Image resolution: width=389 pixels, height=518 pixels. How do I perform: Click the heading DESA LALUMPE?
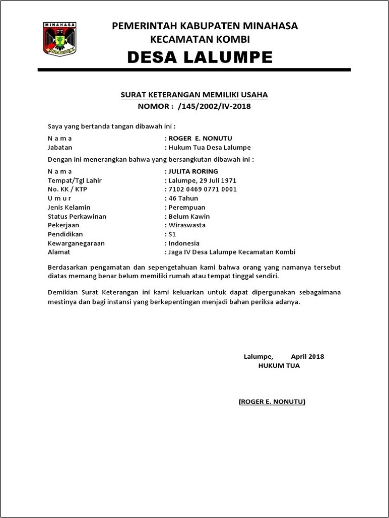[200, 57]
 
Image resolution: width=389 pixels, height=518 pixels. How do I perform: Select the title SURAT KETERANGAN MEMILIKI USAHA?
[194, 95]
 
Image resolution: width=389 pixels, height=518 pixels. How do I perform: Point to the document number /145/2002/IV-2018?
[214, 106]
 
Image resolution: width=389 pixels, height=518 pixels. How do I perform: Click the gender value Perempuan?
[187, 208]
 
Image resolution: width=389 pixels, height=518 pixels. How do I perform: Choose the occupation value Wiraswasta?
[187, 225]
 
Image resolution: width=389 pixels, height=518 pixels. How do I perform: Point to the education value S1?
[172, 234]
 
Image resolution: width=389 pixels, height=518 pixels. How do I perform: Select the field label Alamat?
[59, 252]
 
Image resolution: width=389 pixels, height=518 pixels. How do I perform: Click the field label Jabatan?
[60, 148]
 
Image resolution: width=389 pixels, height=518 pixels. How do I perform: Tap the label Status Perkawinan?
[77, 217]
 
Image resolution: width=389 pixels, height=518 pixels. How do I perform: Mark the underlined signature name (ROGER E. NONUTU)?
[272, 402]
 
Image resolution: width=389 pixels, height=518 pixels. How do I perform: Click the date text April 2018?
[307, 357]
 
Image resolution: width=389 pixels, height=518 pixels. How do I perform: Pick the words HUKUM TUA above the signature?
[279, 366]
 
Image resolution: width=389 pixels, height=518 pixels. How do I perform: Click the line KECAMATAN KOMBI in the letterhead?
[200, 39]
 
